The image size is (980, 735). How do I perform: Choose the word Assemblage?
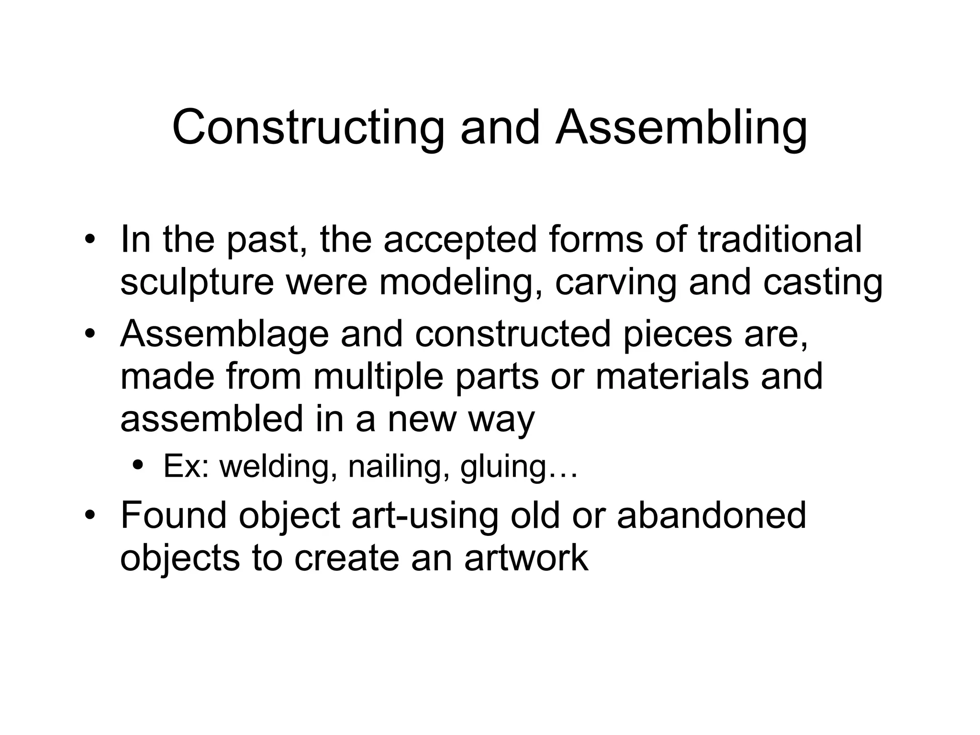click(224, 334)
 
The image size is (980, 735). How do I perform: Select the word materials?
click(672, 377)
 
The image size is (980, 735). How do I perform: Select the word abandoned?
click(712, 516)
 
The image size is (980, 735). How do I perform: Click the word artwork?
click(526, 558)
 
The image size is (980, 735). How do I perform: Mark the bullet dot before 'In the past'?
click(89, 240)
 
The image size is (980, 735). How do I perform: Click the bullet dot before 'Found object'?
click(89, 517)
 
